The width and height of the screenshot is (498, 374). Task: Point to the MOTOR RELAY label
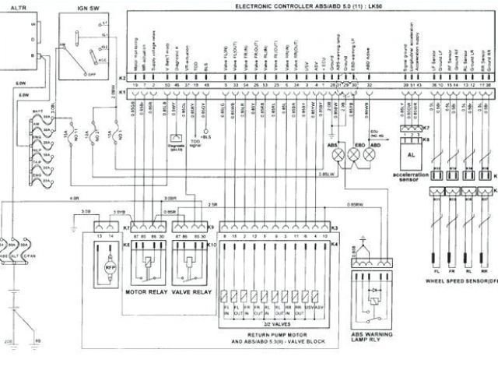pyautogui.click(x=146, y=293)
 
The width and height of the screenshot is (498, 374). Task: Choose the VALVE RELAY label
pyautogui.click(x=190, y=293)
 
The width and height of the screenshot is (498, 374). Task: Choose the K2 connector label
pyautogui.click(x=121, y=79)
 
